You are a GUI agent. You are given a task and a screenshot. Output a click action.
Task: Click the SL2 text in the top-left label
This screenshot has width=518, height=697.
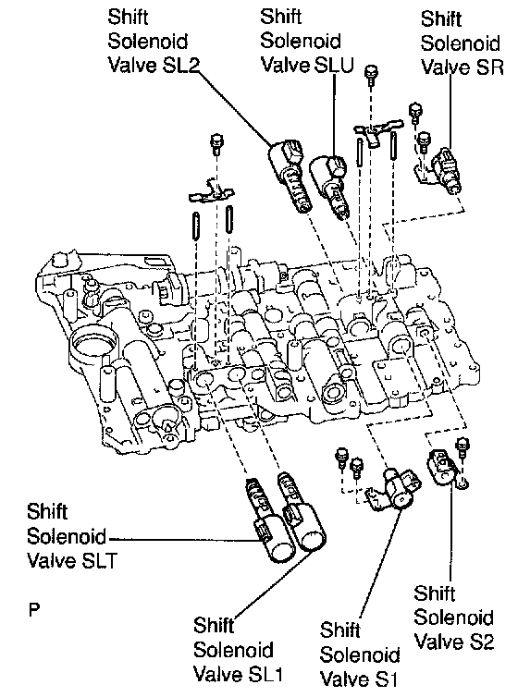(175, 66)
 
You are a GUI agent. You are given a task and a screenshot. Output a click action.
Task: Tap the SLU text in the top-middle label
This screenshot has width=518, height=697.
(334, 65)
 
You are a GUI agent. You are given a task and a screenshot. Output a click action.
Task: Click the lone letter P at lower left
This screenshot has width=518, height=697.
(34, 609)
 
